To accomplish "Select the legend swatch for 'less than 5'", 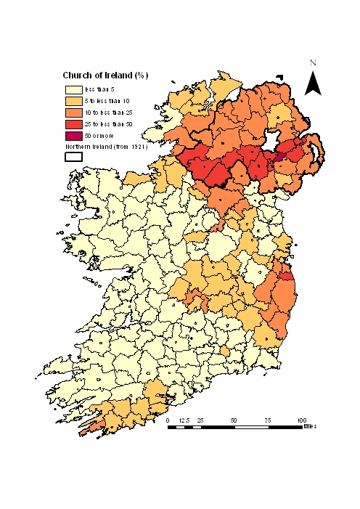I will pyautogui.click(x=73, y=90).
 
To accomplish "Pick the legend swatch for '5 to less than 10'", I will pyautogui.click(x=73, y=102).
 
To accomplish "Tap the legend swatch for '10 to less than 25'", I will pyautogui.click(x=73, y=113).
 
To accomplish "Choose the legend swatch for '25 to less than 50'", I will pyautogui.click(x=73, y=125).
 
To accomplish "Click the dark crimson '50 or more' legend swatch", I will pyautogui.click(x=73, y=137).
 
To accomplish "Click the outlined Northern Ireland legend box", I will pyautogui.click(x=73, y=156).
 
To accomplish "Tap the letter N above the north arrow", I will pyautogui.click(x=313, y=64).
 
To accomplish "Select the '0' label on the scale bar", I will pyautogui.click(x=168, y=420).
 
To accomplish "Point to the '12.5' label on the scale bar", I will pyautogui.click(x=184, y=420).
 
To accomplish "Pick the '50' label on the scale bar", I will pyautogui.click(x=234, y=420).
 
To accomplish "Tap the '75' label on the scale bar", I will pyautogui.click(x=268, y=420).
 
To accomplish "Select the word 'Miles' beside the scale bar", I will pyautogui.click(x=311, y=427).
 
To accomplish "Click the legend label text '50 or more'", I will pyautogui.click(x=100, y=137).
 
